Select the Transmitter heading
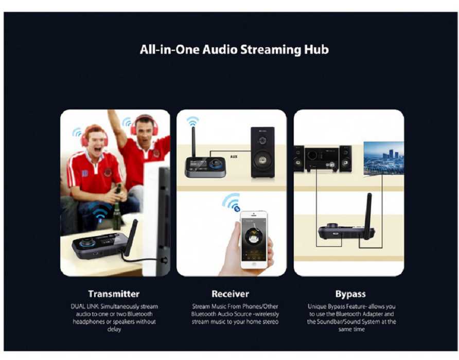[114, 294]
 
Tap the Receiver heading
[231, 294]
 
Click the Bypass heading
[350, 294]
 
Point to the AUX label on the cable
[234, 156]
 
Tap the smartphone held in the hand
[254, 240]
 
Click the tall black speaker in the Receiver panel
[262, 152]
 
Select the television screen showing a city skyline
[383, 158]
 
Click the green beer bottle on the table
[117, 207]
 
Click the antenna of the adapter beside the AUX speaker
[193, 142]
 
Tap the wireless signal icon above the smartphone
[232, 202]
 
